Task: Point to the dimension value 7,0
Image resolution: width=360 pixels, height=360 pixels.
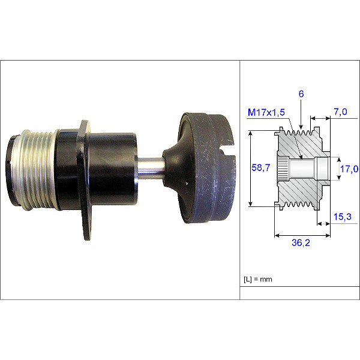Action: point(341,112)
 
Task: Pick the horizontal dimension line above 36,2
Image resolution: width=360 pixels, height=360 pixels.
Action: point(302,236)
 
